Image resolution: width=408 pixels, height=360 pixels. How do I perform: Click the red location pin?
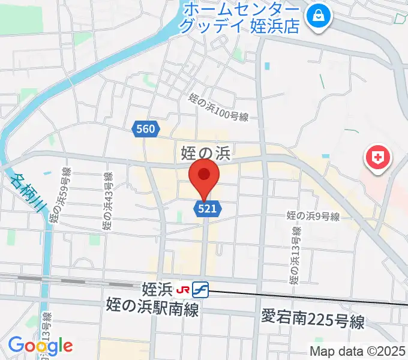tap(204, 176)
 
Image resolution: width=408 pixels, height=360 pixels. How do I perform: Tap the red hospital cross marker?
tap(377, 158)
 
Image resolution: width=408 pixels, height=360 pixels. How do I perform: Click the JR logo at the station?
tap(182, 290)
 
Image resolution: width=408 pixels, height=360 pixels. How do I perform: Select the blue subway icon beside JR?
tap(200, 290)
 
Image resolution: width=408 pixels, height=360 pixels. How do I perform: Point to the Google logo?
tap(40, 345)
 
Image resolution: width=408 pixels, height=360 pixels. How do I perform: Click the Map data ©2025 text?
tap(358, 351)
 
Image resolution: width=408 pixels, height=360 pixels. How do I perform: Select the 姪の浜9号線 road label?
tap(313, 216)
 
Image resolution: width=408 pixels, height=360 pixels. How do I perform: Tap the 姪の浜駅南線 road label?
tap(152, 306)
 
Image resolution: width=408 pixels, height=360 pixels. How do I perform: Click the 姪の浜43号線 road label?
tap(107, 202)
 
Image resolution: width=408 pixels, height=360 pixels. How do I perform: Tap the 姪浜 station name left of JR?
tap(158, 290)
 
